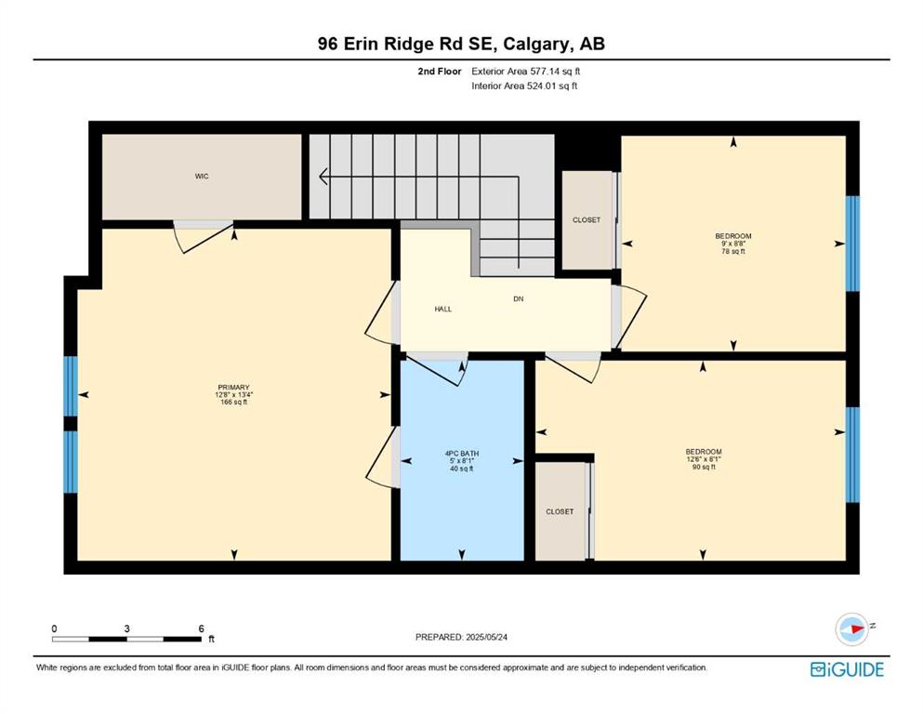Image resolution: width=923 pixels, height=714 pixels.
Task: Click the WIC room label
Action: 202,177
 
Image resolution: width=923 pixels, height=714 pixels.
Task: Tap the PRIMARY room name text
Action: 233,388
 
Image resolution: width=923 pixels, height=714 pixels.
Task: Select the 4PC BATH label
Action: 461,454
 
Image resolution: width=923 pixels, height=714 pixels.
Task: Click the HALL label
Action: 443,309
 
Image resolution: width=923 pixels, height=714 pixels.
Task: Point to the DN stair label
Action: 518,299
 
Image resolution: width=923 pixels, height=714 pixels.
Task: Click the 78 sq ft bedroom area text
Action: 733,251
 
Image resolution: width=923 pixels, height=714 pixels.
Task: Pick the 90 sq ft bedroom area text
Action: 704,468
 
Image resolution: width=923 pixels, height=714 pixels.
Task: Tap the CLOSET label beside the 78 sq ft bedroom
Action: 587,220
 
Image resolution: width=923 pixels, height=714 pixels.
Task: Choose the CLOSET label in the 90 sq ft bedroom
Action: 560,512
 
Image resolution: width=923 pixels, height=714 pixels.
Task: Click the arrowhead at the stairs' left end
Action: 323,177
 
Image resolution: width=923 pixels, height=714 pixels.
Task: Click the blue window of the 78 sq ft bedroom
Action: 852,244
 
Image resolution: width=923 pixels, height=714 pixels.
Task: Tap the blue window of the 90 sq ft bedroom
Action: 852,455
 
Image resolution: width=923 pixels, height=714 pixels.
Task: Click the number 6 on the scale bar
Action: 202,628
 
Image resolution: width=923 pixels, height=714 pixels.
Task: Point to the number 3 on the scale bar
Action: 126,628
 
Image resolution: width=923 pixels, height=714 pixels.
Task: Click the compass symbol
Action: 851,628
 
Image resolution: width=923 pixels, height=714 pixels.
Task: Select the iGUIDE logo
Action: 847,670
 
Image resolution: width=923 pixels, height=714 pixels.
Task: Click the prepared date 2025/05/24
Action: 486,637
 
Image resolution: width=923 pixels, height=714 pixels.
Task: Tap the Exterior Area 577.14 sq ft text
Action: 526,72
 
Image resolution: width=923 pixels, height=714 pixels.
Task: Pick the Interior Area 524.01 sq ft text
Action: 524,86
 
